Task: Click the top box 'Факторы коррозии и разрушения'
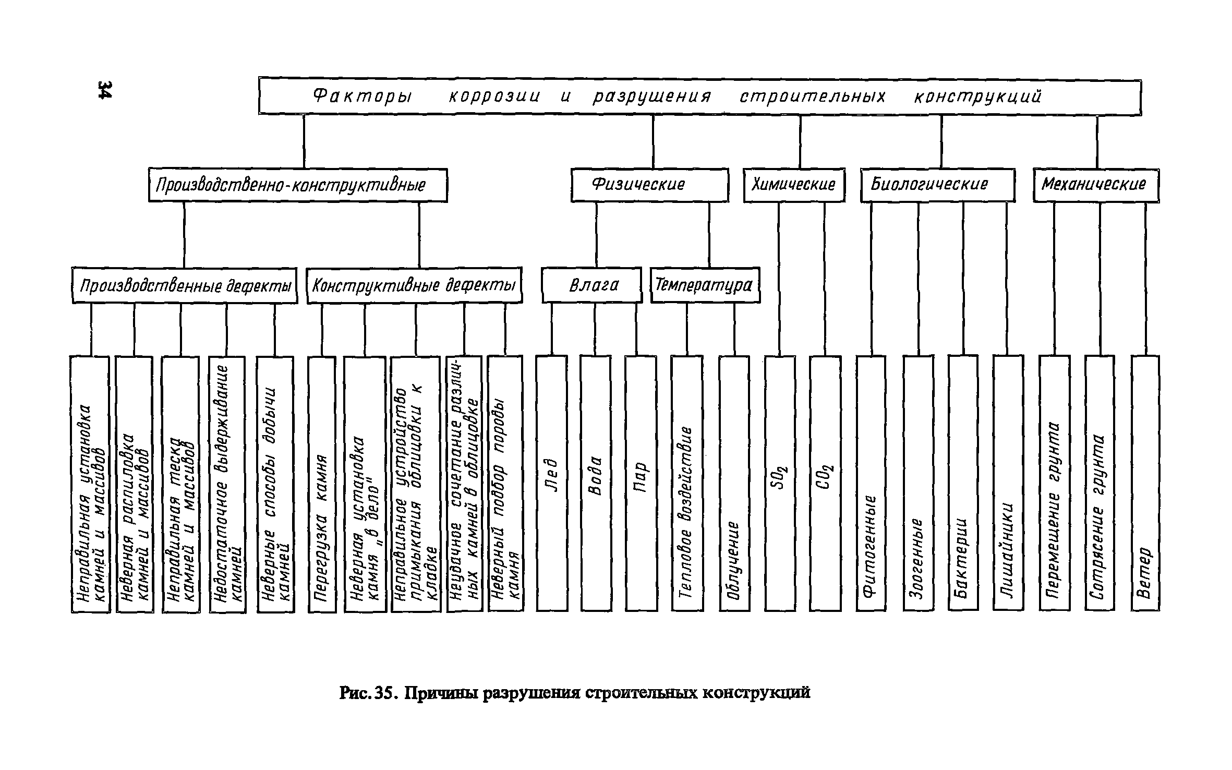[699, 97]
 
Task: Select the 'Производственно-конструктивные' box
[297, 185]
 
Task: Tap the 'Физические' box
[649, 185]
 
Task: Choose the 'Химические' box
[794, 185]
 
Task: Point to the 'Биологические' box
[937, 185]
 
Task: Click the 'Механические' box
[1096, 185]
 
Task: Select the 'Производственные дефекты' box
[184, 286]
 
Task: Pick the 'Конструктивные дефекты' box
[414, 286]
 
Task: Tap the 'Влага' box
[591, 285]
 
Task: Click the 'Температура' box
[705, 285]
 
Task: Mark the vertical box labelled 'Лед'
[551, 483]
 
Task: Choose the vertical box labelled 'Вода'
[596, 483]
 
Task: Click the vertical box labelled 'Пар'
[641, 483]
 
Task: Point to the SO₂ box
[780, 483]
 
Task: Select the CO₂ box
[825, 483]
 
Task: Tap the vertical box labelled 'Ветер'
[1145, 483]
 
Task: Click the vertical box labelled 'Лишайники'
[1008, 483]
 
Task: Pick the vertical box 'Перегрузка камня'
[322, 483]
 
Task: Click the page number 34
[104, 90]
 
